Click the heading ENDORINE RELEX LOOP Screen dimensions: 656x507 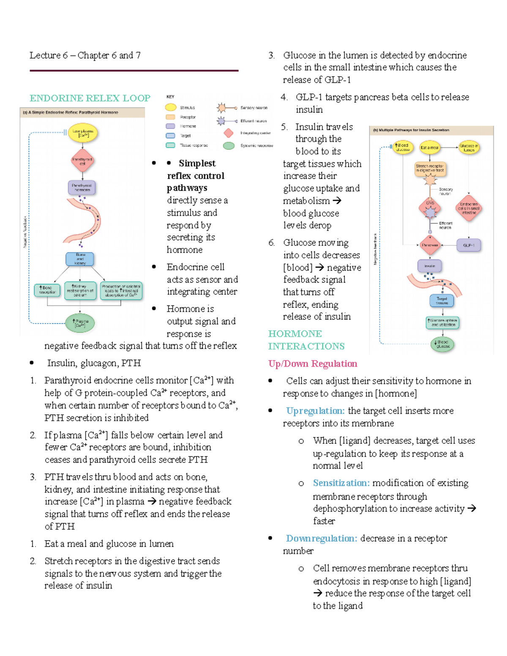click(x=90, y=98)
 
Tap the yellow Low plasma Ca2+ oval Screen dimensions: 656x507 click(x=83, y=133)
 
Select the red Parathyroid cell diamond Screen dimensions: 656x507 click(x=82, y=161)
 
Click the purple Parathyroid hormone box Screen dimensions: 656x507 click(x=82, y=188)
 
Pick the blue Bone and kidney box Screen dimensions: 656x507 click(x=80, y=259)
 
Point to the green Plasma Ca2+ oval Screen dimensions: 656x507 click(x=80, y=323)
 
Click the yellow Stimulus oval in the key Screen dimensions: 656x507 click(x=171, y=108)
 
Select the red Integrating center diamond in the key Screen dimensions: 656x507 click(x=229, y=133)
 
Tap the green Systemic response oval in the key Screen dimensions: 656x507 click(x=229, y=146)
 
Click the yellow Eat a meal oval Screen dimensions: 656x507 click(x=429, y=147)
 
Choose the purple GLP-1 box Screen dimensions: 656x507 click(x=469, y=245)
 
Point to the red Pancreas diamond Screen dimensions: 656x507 click(x=430, y=245)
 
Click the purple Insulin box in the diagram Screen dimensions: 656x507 click(x=430, y=266)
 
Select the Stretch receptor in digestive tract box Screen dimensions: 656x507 click(x=430, y=169)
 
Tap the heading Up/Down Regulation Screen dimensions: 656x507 click(x=313, y=364)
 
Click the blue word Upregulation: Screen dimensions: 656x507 click(x=315, y=411)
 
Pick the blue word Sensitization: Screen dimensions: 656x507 click(x=341, y=483)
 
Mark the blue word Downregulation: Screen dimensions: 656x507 click(x=321, y=539)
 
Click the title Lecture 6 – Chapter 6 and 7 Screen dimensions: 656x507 click(x=85, y=55)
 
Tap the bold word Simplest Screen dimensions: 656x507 click(x=197, y=163)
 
